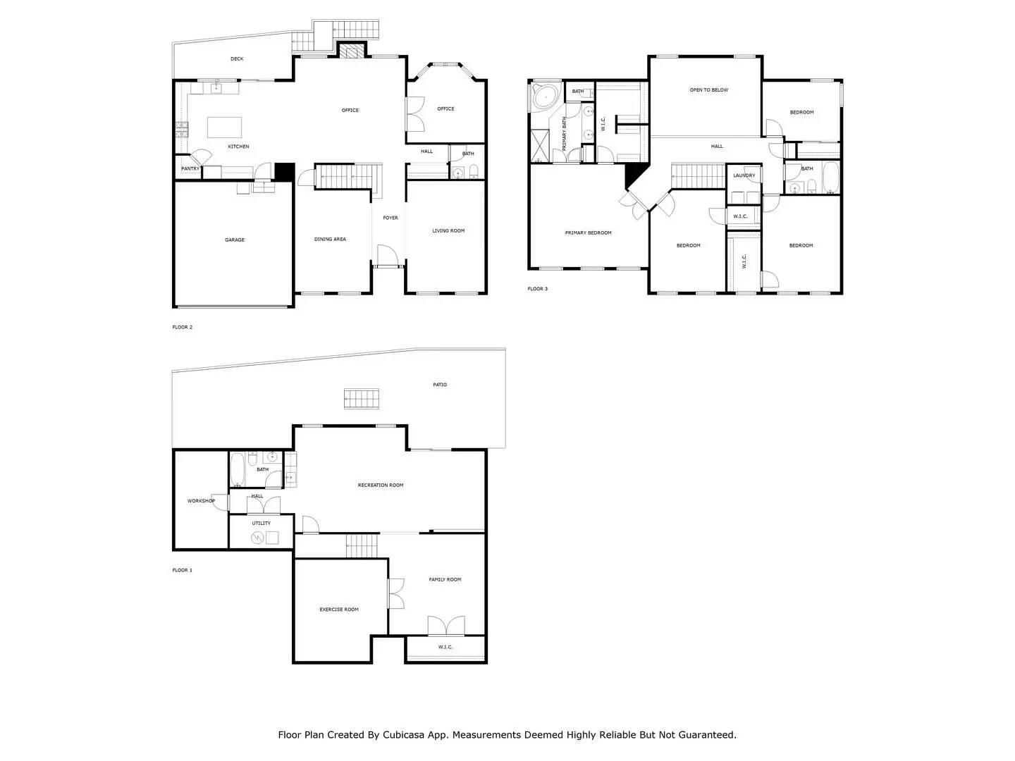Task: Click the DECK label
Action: point(237,59)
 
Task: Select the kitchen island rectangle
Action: point(224,128)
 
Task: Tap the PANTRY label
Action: point(190,169)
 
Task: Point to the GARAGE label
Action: point(235,240)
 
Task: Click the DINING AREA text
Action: point(330,240)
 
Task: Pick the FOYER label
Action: point(390,218)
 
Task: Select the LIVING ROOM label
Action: point(448,231)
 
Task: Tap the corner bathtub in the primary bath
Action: point(543,97)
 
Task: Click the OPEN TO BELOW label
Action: point(709,90)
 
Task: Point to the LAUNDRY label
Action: point(744,175)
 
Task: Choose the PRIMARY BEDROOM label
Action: point(589,233)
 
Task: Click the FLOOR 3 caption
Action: point(537,289)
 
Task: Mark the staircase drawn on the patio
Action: point(362,398)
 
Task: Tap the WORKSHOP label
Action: point(201,501)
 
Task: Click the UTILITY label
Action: point(261,524)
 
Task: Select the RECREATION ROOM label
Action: point(381,485)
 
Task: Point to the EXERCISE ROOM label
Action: point(339,610)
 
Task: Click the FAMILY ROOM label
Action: point(445,580)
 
